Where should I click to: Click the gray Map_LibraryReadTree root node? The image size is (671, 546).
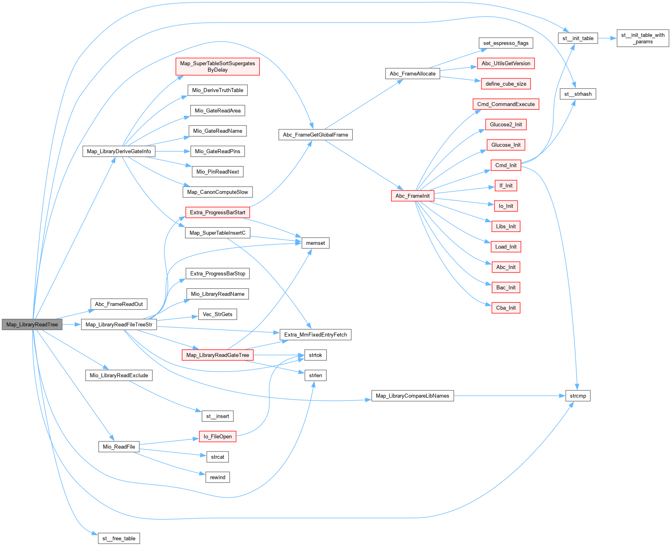pos(32,324)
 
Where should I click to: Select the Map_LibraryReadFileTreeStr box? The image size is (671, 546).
pos(119,324)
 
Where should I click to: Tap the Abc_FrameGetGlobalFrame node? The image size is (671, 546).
pos(315,135)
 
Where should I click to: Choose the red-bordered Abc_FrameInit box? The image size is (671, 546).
pos(412,196)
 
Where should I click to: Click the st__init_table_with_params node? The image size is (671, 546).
pos(642,38)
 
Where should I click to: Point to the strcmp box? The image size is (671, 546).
pos(578,396)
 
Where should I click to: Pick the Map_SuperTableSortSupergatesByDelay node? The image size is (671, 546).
pos(217,66)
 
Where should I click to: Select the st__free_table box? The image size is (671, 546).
pos(119,538)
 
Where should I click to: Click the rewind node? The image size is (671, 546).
pos(217,477)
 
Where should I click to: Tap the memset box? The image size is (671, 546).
pos(315,243)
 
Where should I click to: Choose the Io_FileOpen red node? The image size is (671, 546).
pos(217,436)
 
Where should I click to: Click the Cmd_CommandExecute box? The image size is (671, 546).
pos(506,104)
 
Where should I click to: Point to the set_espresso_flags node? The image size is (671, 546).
pos(506,43)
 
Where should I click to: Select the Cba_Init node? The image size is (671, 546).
pos(506,308)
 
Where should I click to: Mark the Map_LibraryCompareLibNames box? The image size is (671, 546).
pos(412,396)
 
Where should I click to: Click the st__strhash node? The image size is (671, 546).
pos(578,94)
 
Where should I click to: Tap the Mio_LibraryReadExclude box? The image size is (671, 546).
pos(119,375)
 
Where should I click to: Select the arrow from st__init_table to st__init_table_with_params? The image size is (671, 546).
pos(607,38)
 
